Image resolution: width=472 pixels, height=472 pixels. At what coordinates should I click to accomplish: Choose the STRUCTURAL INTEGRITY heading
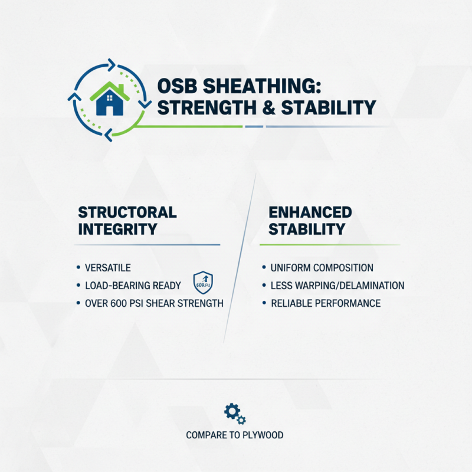127,221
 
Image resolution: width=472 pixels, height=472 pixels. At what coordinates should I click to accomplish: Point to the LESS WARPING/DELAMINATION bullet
337,286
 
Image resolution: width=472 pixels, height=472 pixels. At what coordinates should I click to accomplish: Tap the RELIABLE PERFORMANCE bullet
325,304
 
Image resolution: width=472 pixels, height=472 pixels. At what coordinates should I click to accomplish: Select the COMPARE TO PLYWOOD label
235,435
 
